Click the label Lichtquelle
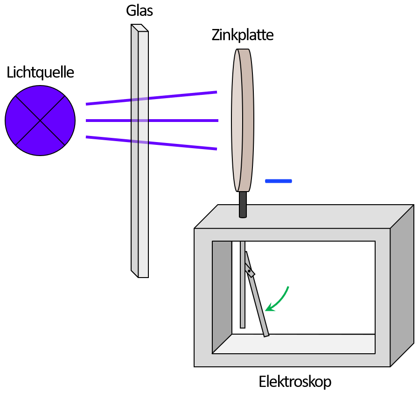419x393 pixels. click(40, 72)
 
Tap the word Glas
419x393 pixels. click(139, 11)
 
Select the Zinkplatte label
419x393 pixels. click(242, 35)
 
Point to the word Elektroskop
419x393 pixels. click(295, 382)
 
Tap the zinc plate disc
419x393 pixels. click(237, 121)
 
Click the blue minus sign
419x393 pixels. click(278, 181)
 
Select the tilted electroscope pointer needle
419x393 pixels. click(259, 308)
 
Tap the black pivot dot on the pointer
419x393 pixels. click(249, 271)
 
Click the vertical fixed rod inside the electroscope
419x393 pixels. click(243, 299)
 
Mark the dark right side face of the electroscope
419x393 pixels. click(401, 285)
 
